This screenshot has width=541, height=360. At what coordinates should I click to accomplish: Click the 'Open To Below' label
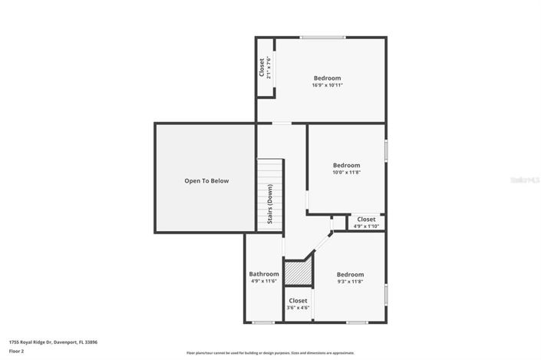[206, 181]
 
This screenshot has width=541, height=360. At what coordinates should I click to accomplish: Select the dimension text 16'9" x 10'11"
[327, 85]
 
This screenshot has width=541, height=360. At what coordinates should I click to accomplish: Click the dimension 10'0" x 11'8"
[346, 173]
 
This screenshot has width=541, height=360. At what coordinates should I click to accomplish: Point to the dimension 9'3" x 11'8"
[350, 282]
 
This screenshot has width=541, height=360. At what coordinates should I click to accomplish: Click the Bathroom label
[264, 274]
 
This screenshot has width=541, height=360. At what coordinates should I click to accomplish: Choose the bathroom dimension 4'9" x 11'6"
[264, 282]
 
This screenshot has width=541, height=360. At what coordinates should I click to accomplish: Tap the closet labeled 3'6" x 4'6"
[298, 304]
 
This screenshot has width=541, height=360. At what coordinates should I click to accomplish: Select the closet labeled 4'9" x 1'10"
[366, 223]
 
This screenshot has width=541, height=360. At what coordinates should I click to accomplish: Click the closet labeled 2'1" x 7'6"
[265, 68]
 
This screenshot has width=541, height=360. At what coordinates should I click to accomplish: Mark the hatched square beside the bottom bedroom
[299, 274]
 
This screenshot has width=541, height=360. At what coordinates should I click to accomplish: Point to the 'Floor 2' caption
[17, 351]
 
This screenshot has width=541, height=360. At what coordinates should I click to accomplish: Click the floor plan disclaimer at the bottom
[270, 353]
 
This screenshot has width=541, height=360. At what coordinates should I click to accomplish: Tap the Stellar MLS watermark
[525, 180]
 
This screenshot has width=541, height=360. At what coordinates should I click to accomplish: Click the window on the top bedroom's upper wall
[322, 37]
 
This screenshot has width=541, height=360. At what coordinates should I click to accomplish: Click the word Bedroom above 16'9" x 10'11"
[327, 78]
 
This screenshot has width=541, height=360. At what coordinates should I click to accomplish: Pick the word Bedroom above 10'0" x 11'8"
[346, 165]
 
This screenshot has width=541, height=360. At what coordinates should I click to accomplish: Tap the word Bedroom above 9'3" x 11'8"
[350, 274]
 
